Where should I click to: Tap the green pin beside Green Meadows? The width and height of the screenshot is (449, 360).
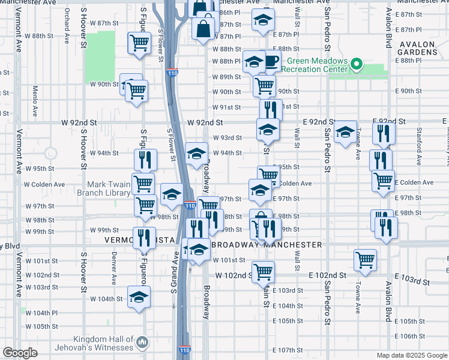click(x=356, y=63)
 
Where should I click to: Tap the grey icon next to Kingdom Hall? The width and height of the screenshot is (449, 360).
click(x=143, y=342)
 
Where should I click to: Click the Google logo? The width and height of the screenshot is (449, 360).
click(x=20, y=353)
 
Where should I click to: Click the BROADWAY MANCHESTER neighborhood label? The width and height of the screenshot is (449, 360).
click(x=267, y=245)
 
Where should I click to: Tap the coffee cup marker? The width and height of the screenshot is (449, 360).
click(x=271, y=61)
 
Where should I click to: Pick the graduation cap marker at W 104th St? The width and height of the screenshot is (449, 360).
click(x=139, y=298)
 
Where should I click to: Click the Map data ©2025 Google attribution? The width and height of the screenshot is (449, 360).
click(x=412, y=355)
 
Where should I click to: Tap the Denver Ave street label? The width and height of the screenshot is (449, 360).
click(x=113, y=264)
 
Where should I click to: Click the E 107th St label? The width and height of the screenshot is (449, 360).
click(x=288, y=350)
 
